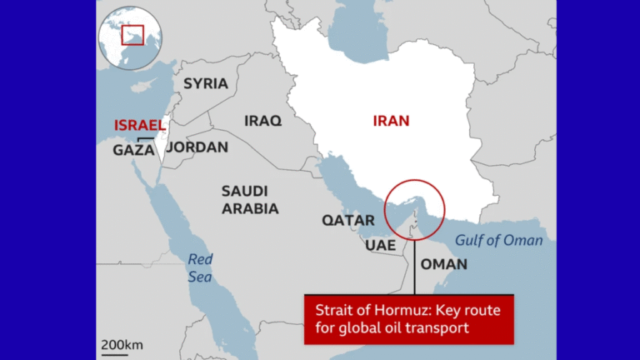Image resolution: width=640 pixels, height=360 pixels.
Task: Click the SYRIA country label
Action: pos(205,83)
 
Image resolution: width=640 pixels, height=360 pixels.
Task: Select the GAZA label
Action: pos(133,150)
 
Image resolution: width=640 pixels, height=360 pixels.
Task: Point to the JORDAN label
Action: pos(197,147)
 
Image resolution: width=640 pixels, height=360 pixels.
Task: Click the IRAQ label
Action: pos(262,121)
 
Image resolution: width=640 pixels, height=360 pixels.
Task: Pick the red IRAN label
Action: pos(391,121)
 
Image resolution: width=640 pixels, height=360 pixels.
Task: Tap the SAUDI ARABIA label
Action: pos(250,200)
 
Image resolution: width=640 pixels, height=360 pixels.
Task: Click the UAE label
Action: pos(380,246)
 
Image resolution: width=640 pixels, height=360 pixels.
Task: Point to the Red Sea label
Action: pos(200,267)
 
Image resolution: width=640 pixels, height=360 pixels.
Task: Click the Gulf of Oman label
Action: pos(499,241)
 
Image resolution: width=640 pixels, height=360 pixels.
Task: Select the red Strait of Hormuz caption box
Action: pos(408,318)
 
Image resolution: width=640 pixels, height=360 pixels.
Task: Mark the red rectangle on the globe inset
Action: pos(132,35)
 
